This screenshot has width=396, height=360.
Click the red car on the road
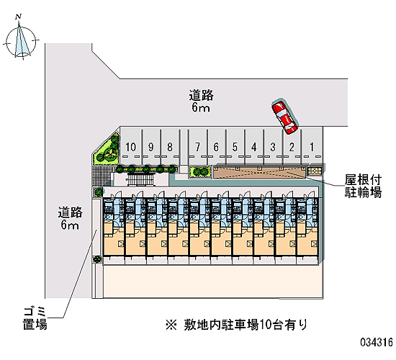[x=284, y=116]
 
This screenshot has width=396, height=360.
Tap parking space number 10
[x=131, y=147]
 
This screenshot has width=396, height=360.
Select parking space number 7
[x=197, y=147]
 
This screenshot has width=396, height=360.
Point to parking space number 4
[x=254, y=147]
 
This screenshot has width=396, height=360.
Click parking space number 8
[x=170, y=147]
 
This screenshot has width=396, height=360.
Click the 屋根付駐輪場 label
[x=363, y=186]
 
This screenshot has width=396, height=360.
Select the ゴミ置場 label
[x=35, y=318]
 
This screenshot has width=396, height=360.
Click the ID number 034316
[x=377, y=343]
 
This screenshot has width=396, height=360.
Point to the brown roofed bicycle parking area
[x=259, y=173]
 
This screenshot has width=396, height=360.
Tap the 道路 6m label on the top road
[x=202, y=101]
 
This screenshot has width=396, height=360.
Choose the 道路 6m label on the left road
[x=71, y=218]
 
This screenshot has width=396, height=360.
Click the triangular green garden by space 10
[x=107, y=152]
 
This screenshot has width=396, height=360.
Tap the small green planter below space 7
[x=200, y=172]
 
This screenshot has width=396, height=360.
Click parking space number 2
[x=292, y=147]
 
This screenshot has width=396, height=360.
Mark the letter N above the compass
[x=18, y=17]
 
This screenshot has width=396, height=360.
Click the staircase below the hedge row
[x=140, y=179]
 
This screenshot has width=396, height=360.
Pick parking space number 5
[x=235, y=147]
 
